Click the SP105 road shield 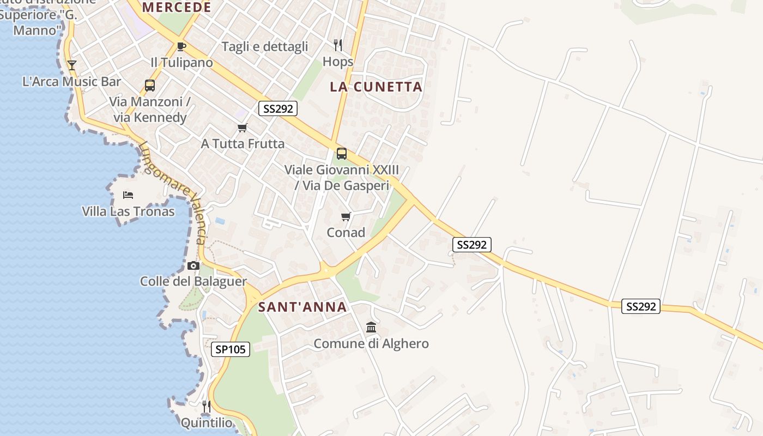pyautogui.click(x=231, y=349)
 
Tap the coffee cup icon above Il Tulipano pyautogui.click(x=181, y=46)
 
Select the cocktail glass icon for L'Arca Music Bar pyautogui.click(x=72, y=65)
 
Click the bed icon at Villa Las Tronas pyautogui.click(x=128, y=195)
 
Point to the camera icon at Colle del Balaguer pyautogui.click(x=193, y=266)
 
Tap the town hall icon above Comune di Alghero pyautogui.click(x=371, y=327)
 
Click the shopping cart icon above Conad pyautogui.click(x=346, y=217)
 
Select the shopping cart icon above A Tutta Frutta pyautogui.click(x=243, y=128)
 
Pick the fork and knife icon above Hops pyautogui.click(x=338, y=45)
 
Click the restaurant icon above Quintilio pyautogui.click(x=206, y=407)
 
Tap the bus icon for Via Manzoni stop pyautogui.click(x=149, y=86)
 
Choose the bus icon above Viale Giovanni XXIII pyautogui.click(x=342, y=154)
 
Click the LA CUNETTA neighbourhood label pyautogui.click(x=376, y=87)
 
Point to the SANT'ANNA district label pyautogui.click(x=302, y=307)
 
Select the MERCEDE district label pyautogui.click(x=177, y=8)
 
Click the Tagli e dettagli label pyautogui.click(x=265, y=47)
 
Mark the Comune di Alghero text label pyautogui.click(x=371, y=344)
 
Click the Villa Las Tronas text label pyautogui.click(x=128, y=211)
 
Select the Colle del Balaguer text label pyautogui.click(x=193, y=282)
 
